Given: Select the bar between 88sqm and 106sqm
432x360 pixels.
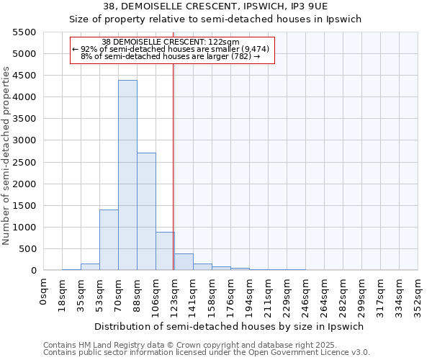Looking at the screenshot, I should pos(146,212).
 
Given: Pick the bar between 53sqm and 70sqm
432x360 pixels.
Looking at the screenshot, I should pos(109,240).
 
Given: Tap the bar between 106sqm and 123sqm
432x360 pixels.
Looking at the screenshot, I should pos(165,251).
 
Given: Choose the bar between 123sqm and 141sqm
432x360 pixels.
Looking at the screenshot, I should pos(184,262).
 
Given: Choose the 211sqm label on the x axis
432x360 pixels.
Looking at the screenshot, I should pos(268,294).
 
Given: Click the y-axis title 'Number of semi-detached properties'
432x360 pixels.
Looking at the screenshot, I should pos(8,156).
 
